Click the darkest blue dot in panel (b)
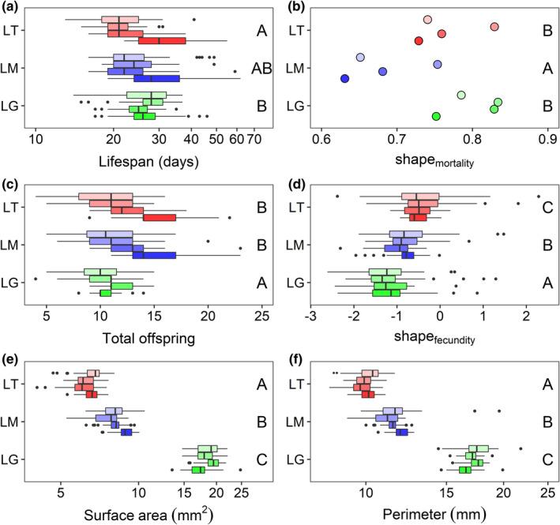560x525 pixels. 344,78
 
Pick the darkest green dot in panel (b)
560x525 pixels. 436,117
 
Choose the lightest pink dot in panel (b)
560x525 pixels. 427,20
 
